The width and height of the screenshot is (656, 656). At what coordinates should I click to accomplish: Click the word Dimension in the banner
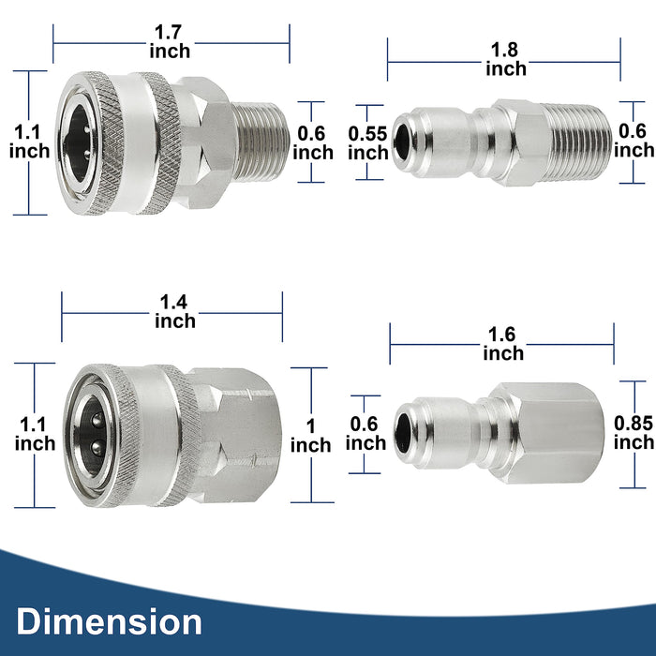click(109, 621)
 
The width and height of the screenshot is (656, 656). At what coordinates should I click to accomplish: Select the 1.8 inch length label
click(505, 59)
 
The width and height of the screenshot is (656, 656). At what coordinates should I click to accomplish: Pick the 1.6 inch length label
click(503, 344)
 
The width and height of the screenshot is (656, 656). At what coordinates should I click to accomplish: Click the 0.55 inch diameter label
click(367, 142)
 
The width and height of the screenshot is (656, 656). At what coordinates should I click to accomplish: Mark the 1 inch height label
click(310, 435)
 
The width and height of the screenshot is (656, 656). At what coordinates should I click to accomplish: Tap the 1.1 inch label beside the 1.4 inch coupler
click(35, 434)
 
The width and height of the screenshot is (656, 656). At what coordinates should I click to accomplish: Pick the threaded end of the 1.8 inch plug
click(581, 142)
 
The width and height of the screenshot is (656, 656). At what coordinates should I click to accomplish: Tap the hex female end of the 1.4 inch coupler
click(238, 434)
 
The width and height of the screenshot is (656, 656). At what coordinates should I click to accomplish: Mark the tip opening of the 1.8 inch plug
click(404, 142)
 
